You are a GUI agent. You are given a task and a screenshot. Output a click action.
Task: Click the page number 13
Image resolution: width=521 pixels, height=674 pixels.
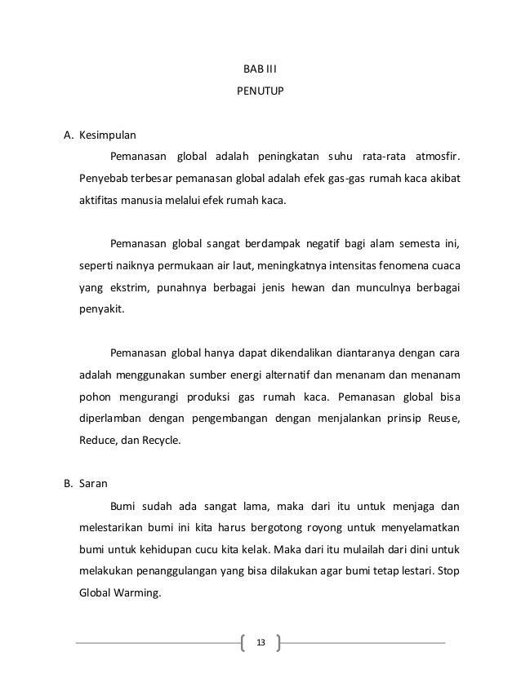click(260, 642)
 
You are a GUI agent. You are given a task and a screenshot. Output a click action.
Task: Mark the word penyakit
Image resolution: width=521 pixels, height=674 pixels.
click(100, 309)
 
